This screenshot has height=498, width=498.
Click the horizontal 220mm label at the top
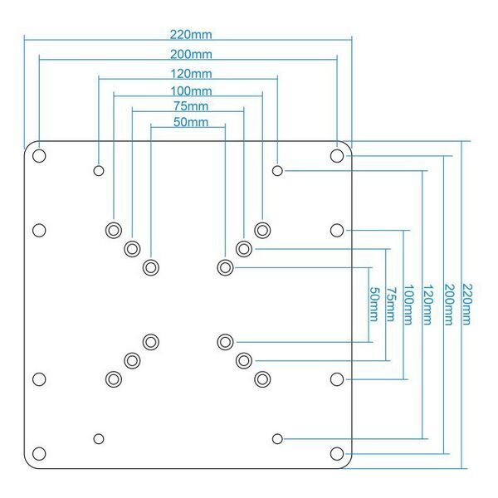point(190,34)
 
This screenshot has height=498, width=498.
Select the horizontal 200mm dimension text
point(190,54)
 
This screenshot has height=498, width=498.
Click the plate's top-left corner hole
point(39,155)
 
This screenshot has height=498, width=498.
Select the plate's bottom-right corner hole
point(336,454)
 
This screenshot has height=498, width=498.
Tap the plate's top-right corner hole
point(336,155)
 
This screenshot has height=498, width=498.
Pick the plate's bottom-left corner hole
point(39,454)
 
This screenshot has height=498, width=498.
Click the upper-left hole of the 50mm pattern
point(150,267)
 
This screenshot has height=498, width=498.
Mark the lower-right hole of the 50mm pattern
point(225,341)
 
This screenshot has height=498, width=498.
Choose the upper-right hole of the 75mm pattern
point(243,248)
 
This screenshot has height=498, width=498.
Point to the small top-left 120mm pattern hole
point(99,171)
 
